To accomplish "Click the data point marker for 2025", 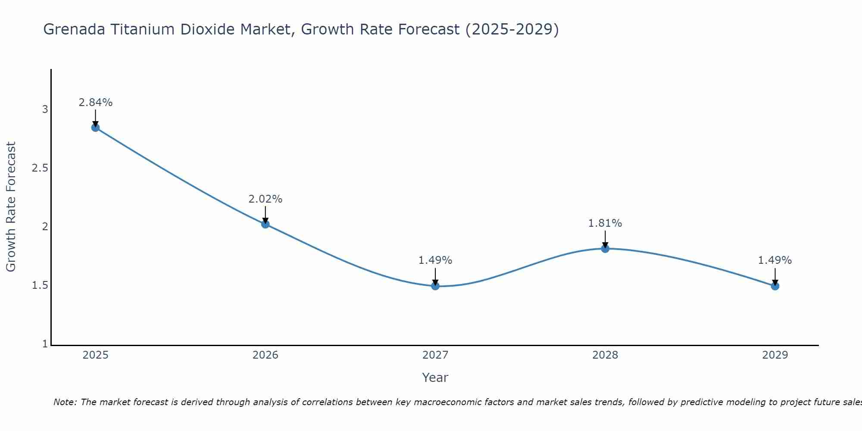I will [95, 128].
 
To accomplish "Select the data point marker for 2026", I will [265, 224].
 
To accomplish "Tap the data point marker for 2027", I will [435, 286].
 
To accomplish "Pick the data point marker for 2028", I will [605, 249].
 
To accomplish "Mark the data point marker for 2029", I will [775, 286].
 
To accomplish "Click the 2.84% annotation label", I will [95, 103].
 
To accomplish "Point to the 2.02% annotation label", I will [265, 199].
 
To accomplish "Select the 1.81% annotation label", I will [605, 223].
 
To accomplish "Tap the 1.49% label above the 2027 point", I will [435, 260].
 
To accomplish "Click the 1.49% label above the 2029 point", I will [775, 260].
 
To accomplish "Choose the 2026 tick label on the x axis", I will [265, 355].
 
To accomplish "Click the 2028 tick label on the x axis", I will [605, 355].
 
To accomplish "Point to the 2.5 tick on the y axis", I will [40, 168].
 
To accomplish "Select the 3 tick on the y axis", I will [45, 109].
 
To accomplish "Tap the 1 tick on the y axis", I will [45, 344].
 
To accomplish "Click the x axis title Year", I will [435, 378].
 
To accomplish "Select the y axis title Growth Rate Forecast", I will [11, 207].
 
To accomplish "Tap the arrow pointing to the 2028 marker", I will [605, 239].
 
